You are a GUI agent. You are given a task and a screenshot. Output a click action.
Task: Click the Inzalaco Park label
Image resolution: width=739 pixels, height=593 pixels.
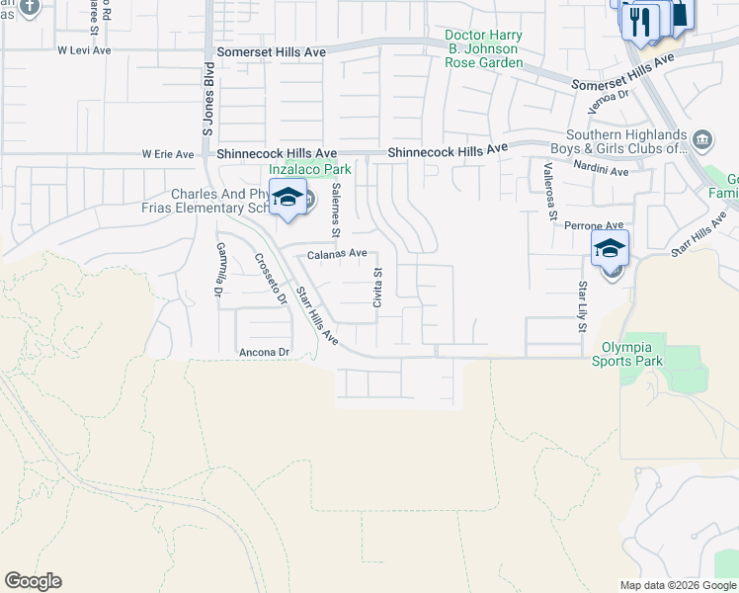(310, 169)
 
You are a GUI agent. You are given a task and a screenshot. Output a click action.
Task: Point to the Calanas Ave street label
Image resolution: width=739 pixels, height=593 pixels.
(337, 254)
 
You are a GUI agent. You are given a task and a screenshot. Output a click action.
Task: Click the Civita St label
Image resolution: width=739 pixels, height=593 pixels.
(377, 287)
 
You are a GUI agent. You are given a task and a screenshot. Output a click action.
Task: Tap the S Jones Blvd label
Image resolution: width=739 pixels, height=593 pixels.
(208, 110)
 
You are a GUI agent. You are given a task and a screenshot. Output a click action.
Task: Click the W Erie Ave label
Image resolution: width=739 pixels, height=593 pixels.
(169, 154)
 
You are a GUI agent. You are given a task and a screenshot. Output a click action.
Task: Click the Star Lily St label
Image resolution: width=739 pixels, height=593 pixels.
(583, 306)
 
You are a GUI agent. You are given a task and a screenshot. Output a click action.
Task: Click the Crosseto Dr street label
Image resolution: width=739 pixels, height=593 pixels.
(270, 279)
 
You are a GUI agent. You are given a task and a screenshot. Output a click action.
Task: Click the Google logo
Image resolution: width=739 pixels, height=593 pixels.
(33, 581)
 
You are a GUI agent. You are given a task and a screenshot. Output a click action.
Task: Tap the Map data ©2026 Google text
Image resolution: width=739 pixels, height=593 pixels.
(677, 585)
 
